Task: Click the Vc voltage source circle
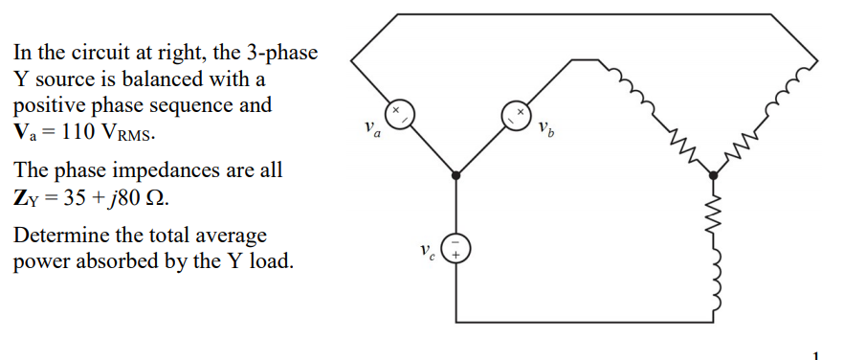456,249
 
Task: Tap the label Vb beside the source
544,127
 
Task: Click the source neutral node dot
456,175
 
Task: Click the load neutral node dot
713,175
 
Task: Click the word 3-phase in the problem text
277,51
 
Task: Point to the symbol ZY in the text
25,200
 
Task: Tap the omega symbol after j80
163,199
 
